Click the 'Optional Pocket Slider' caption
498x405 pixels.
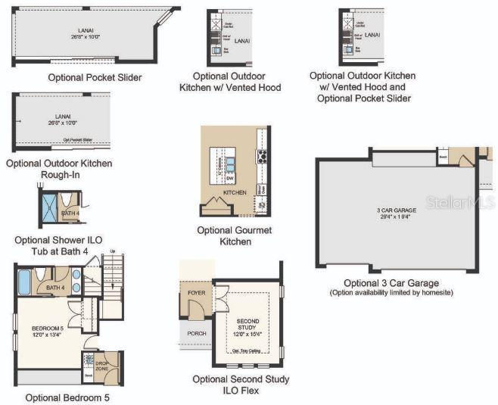point(95,77)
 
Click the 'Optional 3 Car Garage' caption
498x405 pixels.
point(391,283)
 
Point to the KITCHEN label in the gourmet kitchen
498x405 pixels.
point(235,192)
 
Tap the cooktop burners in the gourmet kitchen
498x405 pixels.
point(263,157)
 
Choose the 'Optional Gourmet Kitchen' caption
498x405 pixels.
point(235,235)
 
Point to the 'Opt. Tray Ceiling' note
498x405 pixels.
point(247,350)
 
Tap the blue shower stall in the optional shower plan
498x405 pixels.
point(51,206)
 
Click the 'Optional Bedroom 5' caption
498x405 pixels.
point(67,397)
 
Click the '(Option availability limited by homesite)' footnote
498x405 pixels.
point(391,293)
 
